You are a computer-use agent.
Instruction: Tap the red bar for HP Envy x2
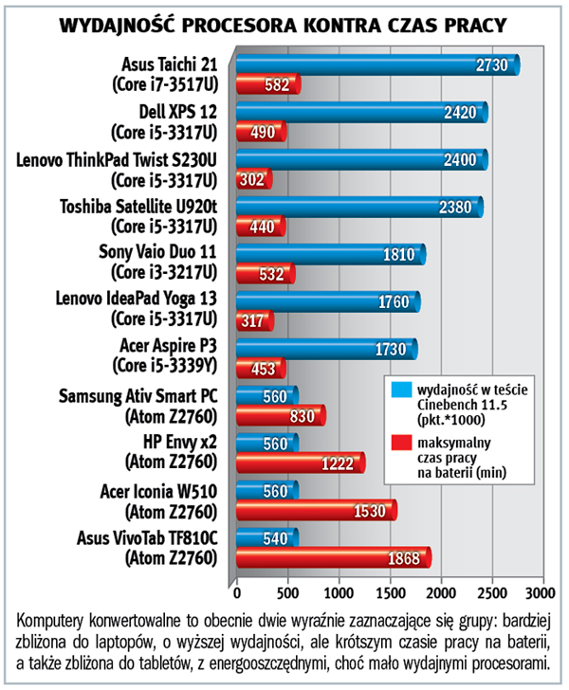click(299, 463)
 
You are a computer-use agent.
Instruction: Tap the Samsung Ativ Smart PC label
click(138, 396)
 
